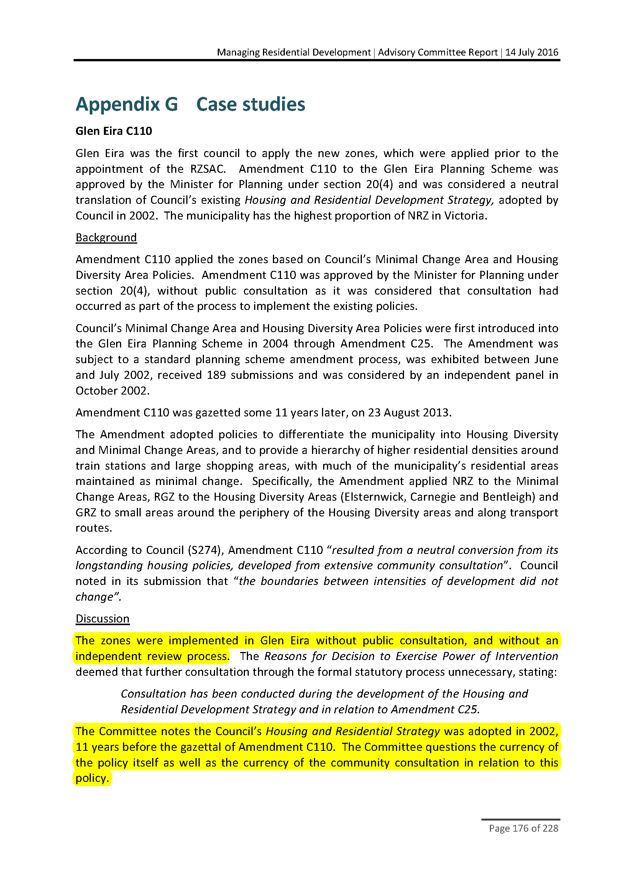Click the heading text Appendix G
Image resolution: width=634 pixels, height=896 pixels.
[126, 104]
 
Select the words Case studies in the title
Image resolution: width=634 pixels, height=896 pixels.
[251, 104]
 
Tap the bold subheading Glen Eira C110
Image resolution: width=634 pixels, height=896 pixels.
[113, 131]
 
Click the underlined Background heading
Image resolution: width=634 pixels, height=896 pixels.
[106, 237]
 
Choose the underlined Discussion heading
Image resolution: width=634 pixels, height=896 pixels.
[102, 619]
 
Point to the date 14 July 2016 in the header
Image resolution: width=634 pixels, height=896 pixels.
[532, 52]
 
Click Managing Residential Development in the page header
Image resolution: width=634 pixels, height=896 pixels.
[294, 52]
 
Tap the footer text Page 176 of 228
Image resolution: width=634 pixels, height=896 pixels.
[524, 828]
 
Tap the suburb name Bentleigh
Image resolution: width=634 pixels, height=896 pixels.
[509, 497]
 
